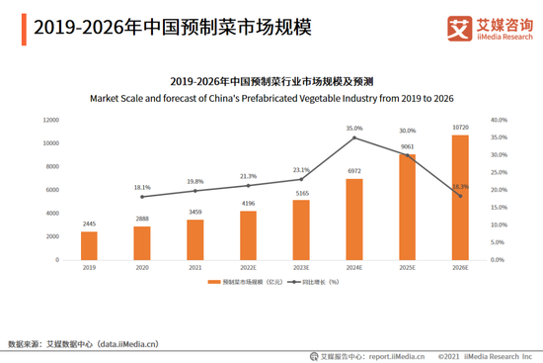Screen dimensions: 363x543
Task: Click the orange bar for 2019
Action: pyautogui.click(x=89, y=245)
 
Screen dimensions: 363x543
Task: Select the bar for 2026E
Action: pyautogui.click(x=460, y=198)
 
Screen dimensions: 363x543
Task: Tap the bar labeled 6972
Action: pyautogui.click(x=354, y=220)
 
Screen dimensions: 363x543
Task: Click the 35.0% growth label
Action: pyautogui.click(x=354, y=128)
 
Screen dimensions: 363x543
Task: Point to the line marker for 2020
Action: pyautogui.click(x=142, y=197)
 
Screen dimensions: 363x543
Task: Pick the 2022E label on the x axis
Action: pyautogui.click(x=248, y=268)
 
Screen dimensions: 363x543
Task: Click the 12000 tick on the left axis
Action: pyautogui.click(x=49, y=120)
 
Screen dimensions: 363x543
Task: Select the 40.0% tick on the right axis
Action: pyautogui.click(x=499, y=120)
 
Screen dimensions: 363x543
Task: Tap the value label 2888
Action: pyautogui.click(x=142, y=218)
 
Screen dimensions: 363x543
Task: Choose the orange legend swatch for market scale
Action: pyautogui.click(x=213, y=283)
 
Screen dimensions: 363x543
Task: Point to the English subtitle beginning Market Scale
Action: pyautogui.click(x=271, y=98)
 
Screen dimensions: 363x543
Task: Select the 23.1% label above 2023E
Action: pyautogui.click(x=301, y=169)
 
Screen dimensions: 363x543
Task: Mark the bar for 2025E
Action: pyautogui.click(x=407, y=207)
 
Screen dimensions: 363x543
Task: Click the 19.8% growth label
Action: pyautogui.click(x=194, y=181)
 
